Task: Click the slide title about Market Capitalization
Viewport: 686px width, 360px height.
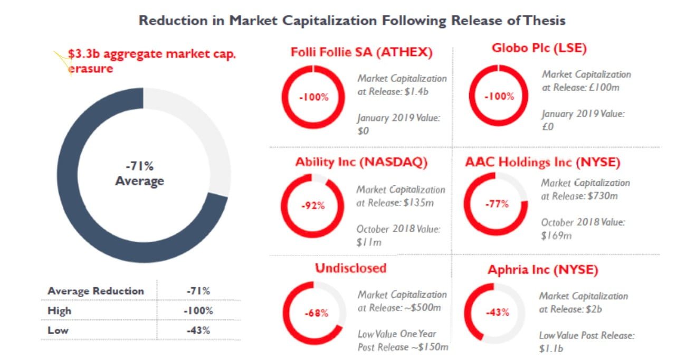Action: click(351, 21)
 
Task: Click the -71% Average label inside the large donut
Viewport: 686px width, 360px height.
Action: click(140, 174)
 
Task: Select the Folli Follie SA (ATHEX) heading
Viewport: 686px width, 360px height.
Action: click(361, 52)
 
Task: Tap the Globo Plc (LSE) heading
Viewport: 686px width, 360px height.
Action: click(539, 48)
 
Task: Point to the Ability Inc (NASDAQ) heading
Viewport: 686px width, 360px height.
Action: click(361, 163)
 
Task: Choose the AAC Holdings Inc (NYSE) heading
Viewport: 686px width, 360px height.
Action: click(542, 162)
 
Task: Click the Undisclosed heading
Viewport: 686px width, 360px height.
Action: click(350, 268)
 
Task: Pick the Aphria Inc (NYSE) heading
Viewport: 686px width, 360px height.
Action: click(542, 270)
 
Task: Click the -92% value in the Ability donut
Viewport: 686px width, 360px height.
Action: click(312, 206)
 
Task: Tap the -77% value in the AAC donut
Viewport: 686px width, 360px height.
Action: click(497, 204)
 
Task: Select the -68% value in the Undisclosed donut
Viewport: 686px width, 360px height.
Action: click(316, 313)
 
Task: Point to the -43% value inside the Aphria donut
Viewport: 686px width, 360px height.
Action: click(497, 312)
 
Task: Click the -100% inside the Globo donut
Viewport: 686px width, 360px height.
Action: click(499, 97)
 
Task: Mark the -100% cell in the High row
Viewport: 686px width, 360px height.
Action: click(198, 311)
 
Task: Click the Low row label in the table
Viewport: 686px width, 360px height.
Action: click(58, 331)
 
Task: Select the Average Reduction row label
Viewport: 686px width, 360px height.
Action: click(96, 291)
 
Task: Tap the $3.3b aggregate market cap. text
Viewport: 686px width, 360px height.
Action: click(152, 54)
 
